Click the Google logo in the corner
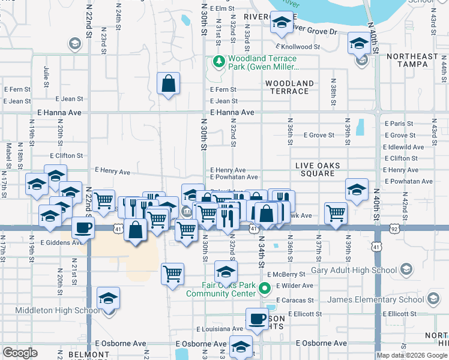(20, 353)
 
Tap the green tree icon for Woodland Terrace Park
(219, 61)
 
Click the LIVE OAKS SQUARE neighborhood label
(318, 169)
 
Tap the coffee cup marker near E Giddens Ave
(83, 227)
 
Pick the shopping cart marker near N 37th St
(336, 212)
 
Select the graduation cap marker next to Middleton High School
(109, 298)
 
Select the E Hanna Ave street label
(232, 112)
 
